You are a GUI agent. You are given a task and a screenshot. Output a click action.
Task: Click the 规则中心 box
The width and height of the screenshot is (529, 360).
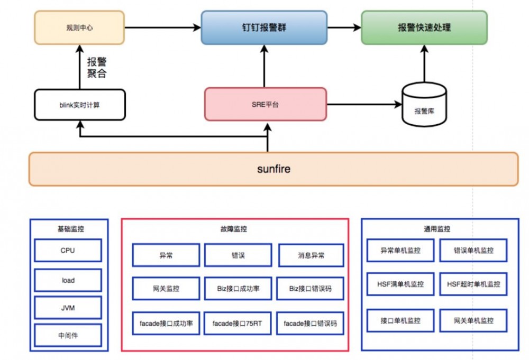(80, 27)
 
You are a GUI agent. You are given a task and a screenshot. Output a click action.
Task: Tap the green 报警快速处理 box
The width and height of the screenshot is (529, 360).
(424, 27)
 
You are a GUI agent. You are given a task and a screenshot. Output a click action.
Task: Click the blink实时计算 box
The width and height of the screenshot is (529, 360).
(80, 105)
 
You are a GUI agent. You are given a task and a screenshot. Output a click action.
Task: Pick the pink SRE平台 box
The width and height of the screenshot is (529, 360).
(266, 105)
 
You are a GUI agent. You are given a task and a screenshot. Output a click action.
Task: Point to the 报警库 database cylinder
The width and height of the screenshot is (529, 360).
(424, 105)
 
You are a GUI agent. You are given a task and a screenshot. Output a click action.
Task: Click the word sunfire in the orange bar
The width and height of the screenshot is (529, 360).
(273, 170)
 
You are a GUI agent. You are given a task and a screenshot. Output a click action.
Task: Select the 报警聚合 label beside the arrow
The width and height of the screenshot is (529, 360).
(97, 68)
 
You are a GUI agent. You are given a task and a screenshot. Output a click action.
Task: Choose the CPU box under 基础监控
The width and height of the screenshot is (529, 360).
(68, 251)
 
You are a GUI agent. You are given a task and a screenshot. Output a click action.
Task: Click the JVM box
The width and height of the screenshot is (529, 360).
(68, 307)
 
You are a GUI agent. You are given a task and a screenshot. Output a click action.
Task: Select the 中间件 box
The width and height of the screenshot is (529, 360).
(68, 335)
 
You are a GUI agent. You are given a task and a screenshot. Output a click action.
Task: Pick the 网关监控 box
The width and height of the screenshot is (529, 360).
(166, 289)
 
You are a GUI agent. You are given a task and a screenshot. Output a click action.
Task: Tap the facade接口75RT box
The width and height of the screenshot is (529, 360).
(237, 323)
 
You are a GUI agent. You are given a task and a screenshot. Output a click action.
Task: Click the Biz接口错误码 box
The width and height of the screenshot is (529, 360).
(311, 289)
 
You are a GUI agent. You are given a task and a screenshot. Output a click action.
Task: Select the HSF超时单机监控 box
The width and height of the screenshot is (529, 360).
(473, 284)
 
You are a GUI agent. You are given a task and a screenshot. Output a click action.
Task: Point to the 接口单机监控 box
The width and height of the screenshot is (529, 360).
(400, 320)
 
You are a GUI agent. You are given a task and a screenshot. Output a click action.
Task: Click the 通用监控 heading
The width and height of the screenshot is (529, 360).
(437, 229)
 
